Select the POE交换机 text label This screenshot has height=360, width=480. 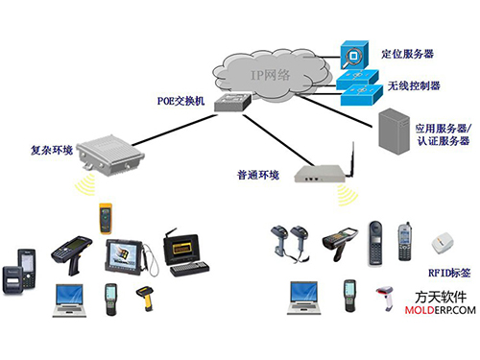pyautogui.click(x=180, y=98)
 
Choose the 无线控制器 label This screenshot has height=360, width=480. pyautogui.click(x=414, y=85)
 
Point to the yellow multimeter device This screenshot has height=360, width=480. pyautogui.click(x=103, y=220)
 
